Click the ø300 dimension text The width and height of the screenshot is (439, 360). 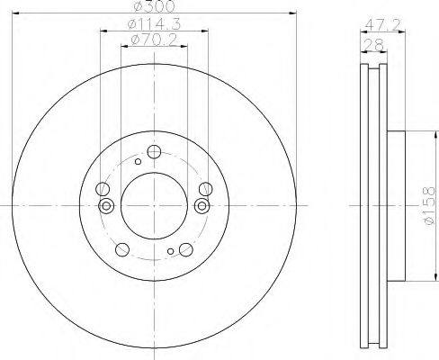[153, 7]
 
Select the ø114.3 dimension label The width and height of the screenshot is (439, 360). [153, 23]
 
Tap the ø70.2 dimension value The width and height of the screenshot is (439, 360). [153, 40]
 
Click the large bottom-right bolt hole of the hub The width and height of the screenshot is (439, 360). [185, 250]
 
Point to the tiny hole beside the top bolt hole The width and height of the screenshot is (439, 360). [137, 162]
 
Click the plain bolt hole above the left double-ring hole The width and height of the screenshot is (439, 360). [102, 189]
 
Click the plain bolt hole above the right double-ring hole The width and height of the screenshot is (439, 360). [204, 189]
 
